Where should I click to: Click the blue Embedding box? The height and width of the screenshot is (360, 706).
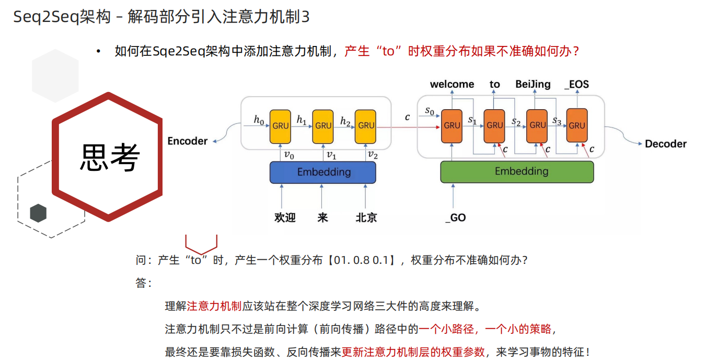point(322,172)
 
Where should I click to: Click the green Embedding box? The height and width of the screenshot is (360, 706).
point(517,171)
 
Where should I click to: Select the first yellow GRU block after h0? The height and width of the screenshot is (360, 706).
point(280,126)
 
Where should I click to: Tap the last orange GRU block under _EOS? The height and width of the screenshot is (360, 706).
point(577,125)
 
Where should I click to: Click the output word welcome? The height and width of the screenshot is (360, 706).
point(452,84)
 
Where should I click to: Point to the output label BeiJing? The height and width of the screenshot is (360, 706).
point(533,84)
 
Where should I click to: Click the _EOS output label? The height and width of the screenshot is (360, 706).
point(576,84)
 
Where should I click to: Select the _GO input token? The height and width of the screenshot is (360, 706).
point(455,217)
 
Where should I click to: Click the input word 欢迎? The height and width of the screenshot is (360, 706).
point(285,217)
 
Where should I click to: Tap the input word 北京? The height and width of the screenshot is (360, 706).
point(366,217)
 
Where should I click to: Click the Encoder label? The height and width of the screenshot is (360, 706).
point(187,141)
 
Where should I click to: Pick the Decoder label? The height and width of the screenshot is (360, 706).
point(665,144)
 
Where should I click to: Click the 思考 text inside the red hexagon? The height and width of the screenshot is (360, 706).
point(109,157)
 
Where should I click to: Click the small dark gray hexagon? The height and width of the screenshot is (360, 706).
point(38,213)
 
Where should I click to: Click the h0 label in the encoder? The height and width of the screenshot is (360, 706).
point(259,120)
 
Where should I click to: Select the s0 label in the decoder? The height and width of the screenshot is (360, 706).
point(430,111)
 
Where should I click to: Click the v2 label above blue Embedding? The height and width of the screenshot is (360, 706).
point(372,154)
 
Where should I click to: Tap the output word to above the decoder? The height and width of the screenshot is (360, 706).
point(494,84)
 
